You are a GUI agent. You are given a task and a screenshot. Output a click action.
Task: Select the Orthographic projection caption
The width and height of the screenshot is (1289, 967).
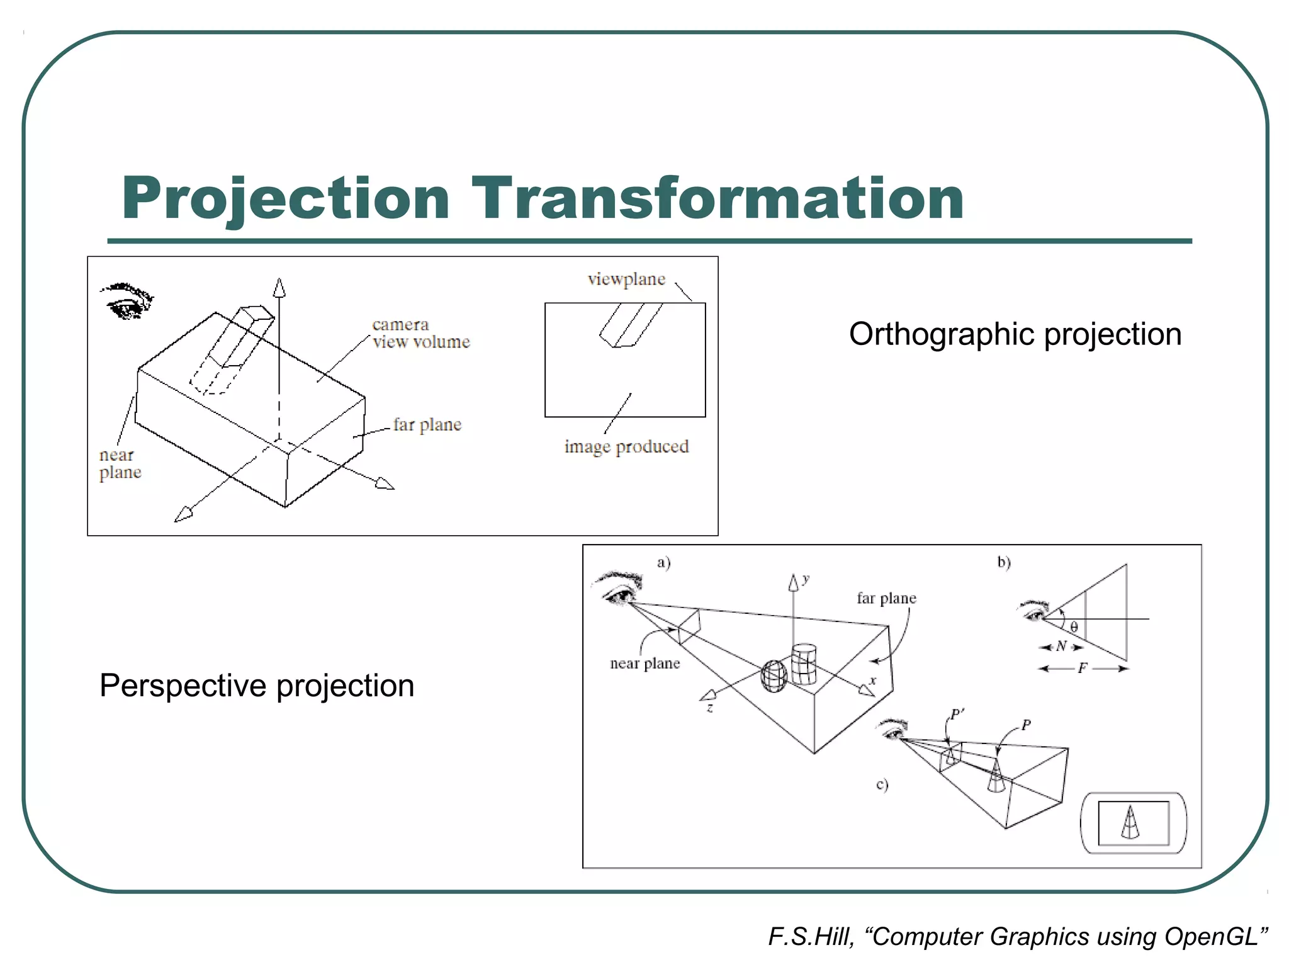coord(1015,334)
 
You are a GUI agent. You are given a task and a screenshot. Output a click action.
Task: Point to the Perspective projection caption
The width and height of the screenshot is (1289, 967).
coord(257,686)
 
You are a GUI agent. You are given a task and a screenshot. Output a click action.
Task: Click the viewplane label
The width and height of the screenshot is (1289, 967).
coord(626,280)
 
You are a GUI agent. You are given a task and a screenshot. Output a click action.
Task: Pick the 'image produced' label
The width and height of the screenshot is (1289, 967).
coord(626,446)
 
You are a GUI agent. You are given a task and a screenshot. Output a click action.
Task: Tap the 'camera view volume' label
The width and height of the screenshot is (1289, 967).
coord(421,333)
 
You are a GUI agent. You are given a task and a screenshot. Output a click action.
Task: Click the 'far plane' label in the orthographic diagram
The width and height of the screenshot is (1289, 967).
coord(427,425)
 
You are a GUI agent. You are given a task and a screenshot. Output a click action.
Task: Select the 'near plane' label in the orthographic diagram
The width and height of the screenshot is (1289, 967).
coord(120,464)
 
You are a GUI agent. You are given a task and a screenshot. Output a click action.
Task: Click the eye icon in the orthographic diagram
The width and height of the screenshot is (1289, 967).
coord(127,300)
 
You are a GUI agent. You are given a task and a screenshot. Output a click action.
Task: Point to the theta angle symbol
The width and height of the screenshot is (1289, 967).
coord(1074,627)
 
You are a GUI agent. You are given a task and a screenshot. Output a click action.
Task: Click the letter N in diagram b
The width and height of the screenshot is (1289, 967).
coord(1061,646)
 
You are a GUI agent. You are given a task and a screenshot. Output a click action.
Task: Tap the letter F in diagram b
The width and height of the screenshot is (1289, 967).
coord(1082,668)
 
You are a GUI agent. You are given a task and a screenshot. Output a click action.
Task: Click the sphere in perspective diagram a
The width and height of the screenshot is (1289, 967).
coord(774,676)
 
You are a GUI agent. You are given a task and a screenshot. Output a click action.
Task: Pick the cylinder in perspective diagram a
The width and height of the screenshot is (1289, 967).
coord(804,664)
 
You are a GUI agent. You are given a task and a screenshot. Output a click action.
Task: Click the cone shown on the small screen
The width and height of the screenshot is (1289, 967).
coord(1130,822)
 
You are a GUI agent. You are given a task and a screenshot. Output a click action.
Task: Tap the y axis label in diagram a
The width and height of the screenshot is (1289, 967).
coord(806,579)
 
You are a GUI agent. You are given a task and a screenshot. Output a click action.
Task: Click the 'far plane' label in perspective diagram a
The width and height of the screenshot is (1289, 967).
coord(886,598)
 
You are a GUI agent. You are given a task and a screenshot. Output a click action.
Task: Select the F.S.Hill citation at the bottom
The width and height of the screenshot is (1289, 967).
coord(1018,937)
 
